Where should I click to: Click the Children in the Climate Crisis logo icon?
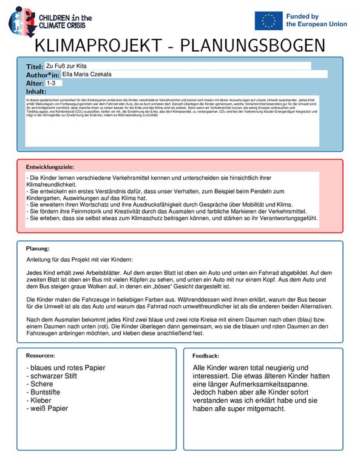pos(20,20)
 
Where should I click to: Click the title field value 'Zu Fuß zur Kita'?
pos(66,65)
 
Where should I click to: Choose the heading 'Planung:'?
pos(38,249)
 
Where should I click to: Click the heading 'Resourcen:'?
pos(41,355)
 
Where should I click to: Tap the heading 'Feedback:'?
pos(206,356)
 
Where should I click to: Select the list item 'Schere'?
pos(39,384)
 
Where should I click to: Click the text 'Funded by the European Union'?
pos(316,20)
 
